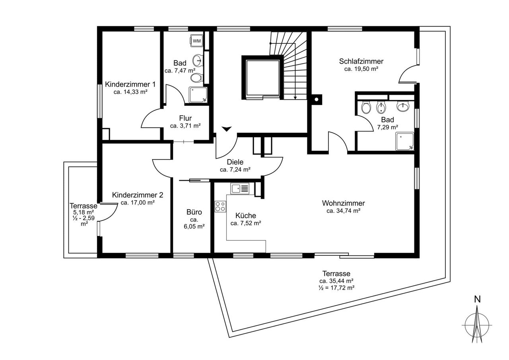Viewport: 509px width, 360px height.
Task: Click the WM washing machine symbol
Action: pos(196,41)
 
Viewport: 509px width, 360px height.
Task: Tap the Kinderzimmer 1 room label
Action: pos(130,85)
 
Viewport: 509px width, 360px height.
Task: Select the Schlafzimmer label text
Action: pos(361,61)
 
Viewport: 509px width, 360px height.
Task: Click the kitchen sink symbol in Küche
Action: pos(240,189)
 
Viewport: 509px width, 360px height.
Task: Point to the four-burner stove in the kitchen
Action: pos(220,206)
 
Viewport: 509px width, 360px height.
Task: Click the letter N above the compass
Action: pos(477,300)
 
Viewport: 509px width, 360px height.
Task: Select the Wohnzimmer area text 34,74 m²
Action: pos(343,211)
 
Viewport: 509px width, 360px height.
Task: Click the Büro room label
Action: pos(194,212)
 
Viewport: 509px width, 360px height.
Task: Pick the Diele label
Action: pos(235,162)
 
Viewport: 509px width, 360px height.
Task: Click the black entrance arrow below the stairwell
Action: pos(227,129)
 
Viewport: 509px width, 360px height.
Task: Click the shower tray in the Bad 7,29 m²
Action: pos(404,141)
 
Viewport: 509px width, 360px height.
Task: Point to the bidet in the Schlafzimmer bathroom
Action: pos(381,107)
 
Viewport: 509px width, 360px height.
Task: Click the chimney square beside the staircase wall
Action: pos(316,99)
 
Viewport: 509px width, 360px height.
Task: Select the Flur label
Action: pos(185,118)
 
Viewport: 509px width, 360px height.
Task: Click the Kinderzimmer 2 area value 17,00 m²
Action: pos(138,203)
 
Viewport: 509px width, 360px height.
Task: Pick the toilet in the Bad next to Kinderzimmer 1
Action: pos(196,78)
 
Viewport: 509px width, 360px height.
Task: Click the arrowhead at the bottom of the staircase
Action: pos(295,98)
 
